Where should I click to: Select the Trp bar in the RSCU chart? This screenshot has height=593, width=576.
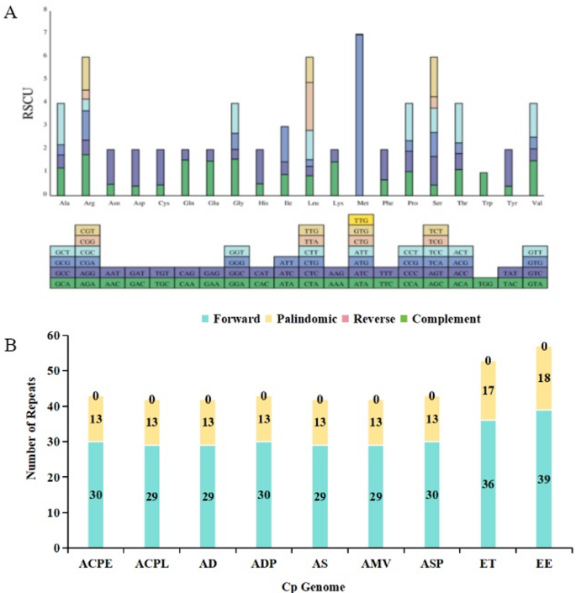[484, 183]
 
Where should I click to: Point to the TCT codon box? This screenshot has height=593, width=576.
[435, 230]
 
